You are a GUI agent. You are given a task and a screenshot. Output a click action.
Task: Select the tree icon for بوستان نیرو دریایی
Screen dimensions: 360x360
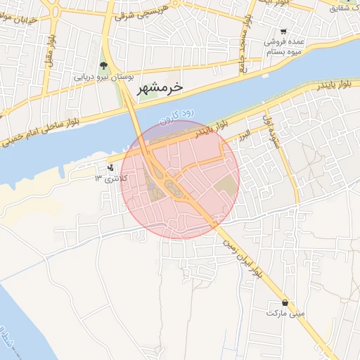[x=104, y=66]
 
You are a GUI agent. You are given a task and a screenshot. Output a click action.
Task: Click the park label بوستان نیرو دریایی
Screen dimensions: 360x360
[x=103, y=77]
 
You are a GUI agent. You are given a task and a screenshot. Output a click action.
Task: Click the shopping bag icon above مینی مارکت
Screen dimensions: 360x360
[x=284, y=302]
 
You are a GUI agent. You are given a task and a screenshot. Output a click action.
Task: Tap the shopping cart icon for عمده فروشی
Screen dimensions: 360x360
[x=283, y=32]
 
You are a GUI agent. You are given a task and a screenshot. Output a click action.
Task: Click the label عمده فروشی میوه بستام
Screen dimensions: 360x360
[x=283, y=46]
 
